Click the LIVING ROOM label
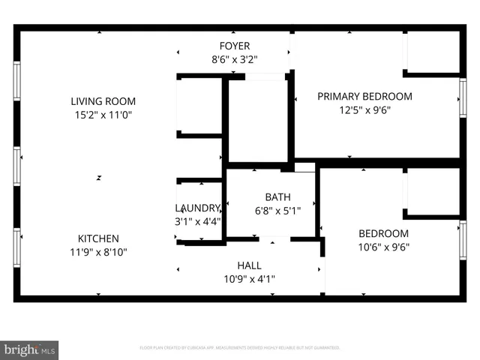click(103, 101)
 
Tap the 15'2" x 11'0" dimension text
click(103, 115)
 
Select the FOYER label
click(235, 46)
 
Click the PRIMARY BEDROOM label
click(364, 96)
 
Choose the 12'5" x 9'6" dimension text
click(364, 109)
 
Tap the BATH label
click(277, 197)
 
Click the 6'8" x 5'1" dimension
click(277, 211)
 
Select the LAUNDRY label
click(198, 208)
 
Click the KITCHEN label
click(97, 238)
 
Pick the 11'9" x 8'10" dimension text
click(97, 252)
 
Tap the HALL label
click(250, 265)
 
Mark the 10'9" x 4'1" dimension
click(250, 279)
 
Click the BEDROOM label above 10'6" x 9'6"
click(383, 233)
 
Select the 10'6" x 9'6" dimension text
click(383, 247)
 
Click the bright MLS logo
click(30, 349)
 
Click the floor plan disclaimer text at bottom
click(240, 348)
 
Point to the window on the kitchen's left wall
click(17, 247)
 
